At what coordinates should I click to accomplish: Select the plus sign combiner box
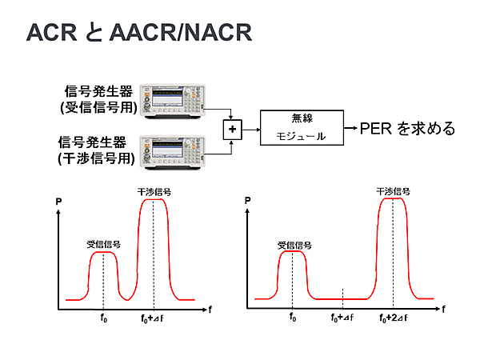234,128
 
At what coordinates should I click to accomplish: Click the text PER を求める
408,128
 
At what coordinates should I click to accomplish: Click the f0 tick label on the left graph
103,318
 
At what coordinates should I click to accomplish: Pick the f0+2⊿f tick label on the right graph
393,318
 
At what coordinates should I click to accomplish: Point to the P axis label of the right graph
247,202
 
